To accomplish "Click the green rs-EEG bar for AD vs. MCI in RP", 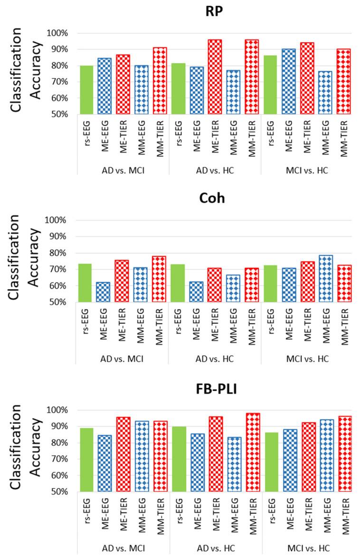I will [x=86, y=90].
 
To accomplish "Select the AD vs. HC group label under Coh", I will [x=215, y=358].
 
